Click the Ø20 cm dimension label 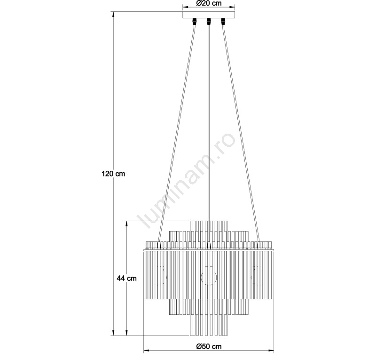click(209, 3)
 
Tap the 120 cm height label click(113, 174)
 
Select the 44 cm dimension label click(126, 278)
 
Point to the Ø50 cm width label click(209, 346)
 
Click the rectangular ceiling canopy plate click(209, 15)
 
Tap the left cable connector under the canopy click(195, 21)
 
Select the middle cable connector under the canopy click(209, 21)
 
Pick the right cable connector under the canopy click(223, 21)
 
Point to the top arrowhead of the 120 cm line click(114, 14)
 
